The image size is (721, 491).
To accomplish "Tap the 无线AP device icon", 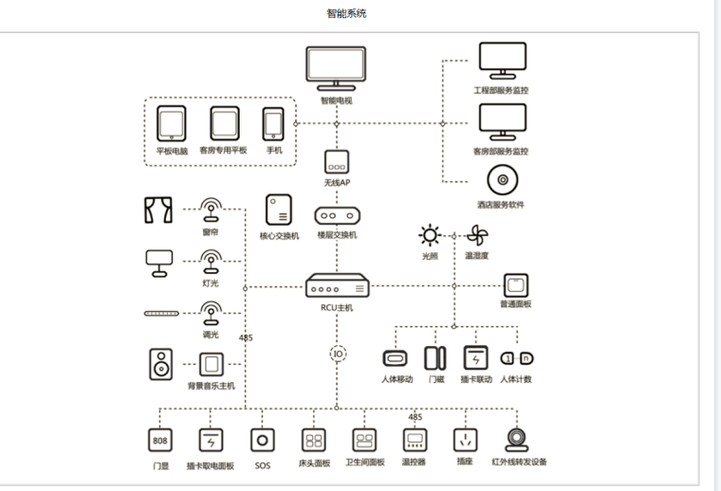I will tap(339, 161).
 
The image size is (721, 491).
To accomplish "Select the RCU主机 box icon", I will tap(339, 286).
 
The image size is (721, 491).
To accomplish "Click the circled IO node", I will tap(339, 354).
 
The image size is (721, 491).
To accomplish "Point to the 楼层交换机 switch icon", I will tap(339, 215).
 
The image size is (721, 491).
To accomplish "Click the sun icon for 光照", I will tap(432, 235).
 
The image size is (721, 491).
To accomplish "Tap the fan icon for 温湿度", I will tap(476, 235).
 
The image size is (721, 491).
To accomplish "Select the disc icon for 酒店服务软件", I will tap(501, 180).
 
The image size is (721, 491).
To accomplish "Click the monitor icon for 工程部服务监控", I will tap(501, 62).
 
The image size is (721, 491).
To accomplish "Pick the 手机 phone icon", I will tap(274, 124).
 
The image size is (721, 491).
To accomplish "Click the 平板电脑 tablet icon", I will tap(172, 124).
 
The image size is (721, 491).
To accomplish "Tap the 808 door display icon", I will tap(158, 440).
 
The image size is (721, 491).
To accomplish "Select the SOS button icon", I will tap(262, 440).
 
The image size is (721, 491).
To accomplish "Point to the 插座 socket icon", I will tap(465, 440).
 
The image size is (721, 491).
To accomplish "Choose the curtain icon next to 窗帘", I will tap(157, 209).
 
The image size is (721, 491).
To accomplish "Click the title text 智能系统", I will tap(346, 13).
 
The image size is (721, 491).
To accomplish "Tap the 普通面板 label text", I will tap(515, 304).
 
